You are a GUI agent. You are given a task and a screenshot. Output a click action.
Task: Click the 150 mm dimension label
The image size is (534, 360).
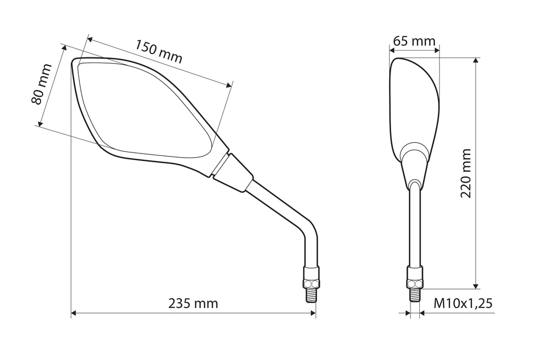click(x=159, y=52)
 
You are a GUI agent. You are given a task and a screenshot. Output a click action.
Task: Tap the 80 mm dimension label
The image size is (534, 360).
click(x=41, y=84)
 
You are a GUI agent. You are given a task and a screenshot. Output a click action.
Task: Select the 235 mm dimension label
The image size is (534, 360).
click(x=193, y=303)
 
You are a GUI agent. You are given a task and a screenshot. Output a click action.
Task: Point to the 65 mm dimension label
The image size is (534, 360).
click(x=414, y=41)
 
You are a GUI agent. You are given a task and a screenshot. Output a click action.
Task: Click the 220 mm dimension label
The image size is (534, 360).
click(x=466, y=173)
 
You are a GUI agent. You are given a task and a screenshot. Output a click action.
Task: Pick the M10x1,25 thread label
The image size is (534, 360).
click(x=463, y=303)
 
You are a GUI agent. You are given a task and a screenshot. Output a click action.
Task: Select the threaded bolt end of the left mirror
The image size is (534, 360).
click(x=311, y=295)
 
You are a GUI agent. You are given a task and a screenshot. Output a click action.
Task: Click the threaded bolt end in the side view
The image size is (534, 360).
click(x=415, y=295)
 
